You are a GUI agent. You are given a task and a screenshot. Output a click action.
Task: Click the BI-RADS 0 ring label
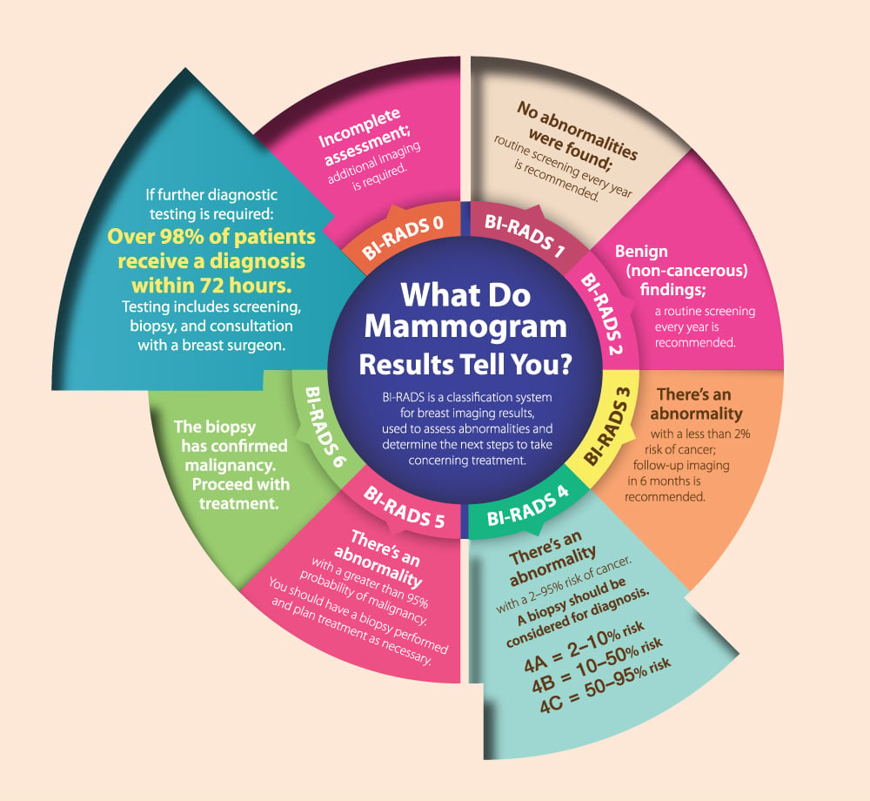[x=403, y=238]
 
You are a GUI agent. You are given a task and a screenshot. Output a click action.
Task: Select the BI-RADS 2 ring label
[x=602, y=313]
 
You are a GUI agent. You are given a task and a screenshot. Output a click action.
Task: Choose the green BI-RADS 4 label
[x=528, y=506]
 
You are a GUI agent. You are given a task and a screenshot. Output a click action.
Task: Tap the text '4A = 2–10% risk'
[x=584, y=646]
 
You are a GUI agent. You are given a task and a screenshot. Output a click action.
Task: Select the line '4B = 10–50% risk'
[x=597, y=665]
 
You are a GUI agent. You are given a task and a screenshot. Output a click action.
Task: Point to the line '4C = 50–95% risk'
[x=606, y=685]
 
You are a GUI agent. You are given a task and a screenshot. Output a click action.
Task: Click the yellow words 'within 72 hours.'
[x=211, y=286]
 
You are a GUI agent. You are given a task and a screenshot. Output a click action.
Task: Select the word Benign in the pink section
[x=641, y=252]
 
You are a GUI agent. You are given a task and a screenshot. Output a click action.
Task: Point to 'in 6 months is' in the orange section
[x=664, y=481]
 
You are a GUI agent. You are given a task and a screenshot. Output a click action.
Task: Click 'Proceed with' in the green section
[x=241, y=484]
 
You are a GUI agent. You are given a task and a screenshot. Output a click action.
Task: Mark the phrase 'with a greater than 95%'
[x=370, y=582]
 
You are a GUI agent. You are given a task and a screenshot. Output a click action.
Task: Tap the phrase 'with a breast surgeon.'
[x=211, y=346]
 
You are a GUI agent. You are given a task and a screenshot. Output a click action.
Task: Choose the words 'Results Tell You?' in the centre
[x=465, y=365]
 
